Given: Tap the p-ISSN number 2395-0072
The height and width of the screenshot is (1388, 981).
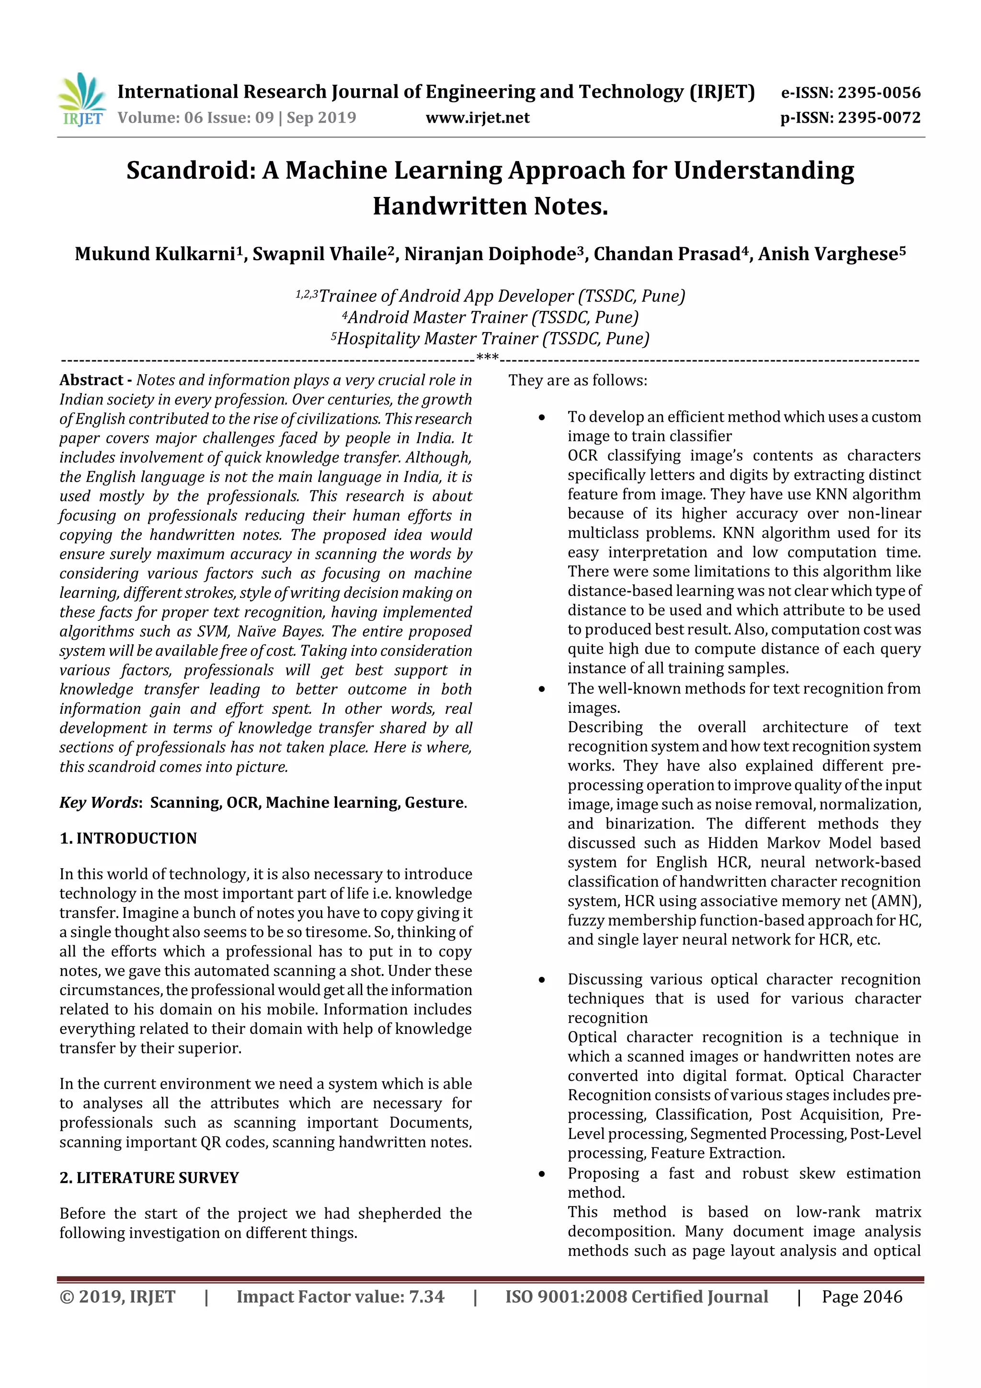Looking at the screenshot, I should click(x=878, y=117).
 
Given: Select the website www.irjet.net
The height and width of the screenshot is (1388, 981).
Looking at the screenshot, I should click(x=478, y=117).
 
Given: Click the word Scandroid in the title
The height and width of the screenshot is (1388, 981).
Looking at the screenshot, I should click(x=187, y=171).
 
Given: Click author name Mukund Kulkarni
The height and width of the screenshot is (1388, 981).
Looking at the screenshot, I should click(x=155, y=254).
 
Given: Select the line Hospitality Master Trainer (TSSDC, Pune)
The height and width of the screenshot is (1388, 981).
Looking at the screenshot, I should click(x=492, y=339).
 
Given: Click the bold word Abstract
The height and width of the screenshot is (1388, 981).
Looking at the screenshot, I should click(x=91, y=380).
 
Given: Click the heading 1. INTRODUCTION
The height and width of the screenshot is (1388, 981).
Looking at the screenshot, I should click(x=128, y=838).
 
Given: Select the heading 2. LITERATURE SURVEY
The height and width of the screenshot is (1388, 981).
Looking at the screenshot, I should click(x=149, y=1178).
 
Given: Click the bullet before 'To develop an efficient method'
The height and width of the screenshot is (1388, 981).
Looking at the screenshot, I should click(x=542, y=418).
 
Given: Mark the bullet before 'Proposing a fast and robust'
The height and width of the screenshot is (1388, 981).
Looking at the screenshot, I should click(x=542, y=1174).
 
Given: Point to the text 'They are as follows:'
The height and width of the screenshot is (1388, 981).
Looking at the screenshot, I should click(x=577, y=380).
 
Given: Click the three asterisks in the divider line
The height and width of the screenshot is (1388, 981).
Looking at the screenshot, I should click(x=487, y=358).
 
